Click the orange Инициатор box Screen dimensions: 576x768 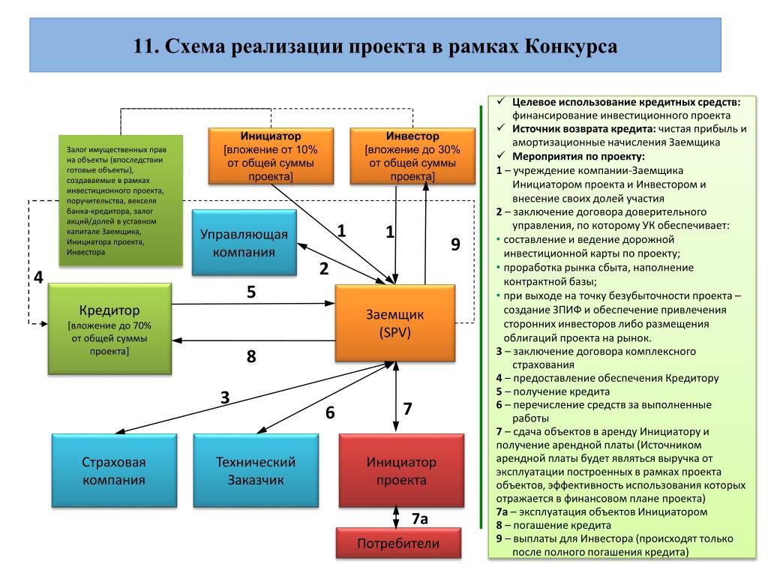pyautogui.click(x=271, y=156)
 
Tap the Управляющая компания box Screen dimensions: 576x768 pyautogui.click(x=244, y=243)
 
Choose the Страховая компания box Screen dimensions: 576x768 pyautogui.click(x=114, y=470)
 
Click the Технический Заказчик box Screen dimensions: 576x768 pyautogui.click(x=256, y=470)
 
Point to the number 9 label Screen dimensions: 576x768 pyautogui.click(x=454, y=244)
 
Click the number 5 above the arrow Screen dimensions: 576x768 pyautogui.click(x=252, y=292)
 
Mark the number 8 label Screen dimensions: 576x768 pyautogui.click(x=252, y=356)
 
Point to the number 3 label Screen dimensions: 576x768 pyautogui.click(x=225, y=397)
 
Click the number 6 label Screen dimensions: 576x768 pyautogui.click(x=330, y=412)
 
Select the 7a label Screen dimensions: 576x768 pyautogui.click(x=420, y=519)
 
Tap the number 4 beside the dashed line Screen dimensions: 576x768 pyautogui.click(x=38, y=277)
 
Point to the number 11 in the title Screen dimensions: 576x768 pyautogui.click(x=144, y=47)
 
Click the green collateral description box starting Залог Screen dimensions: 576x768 pyautogui.click(x=121, y=200)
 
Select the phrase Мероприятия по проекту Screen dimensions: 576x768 pyautogui.click(x=578, y=156)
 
